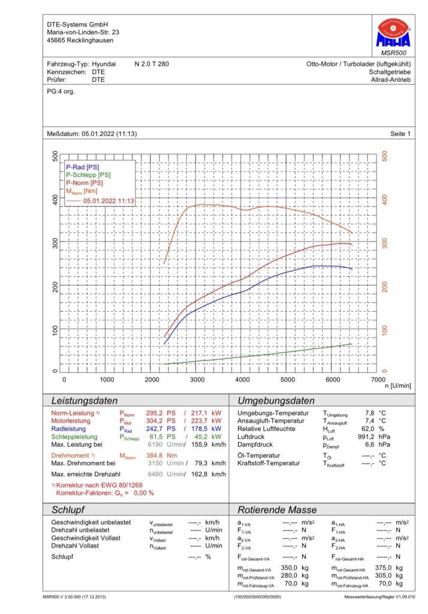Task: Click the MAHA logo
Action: coord(393,34)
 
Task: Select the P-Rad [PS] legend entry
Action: coord(82,167)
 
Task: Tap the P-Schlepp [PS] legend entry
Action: coord(88,175)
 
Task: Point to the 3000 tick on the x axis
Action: coord(197,380)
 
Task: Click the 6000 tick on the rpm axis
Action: coord(333,380)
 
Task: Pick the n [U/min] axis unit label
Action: coord(398,386)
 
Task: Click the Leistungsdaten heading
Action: coord(85,401)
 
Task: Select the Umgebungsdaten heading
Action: coord(276,401)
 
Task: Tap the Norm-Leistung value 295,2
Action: coord(154,413)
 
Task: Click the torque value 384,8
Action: coord(154,456)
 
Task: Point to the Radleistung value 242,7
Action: coord(154,429)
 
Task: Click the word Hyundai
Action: coord(104,64)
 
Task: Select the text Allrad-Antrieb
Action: coord(391,80)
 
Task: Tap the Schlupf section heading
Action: coord(68,510)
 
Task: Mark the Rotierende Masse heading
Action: coord(277,510)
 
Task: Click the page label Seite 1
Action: coord(400,134)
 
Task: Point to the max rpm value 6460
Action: coord(155,474)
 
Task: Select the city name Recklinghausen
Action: coord(90,40)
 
